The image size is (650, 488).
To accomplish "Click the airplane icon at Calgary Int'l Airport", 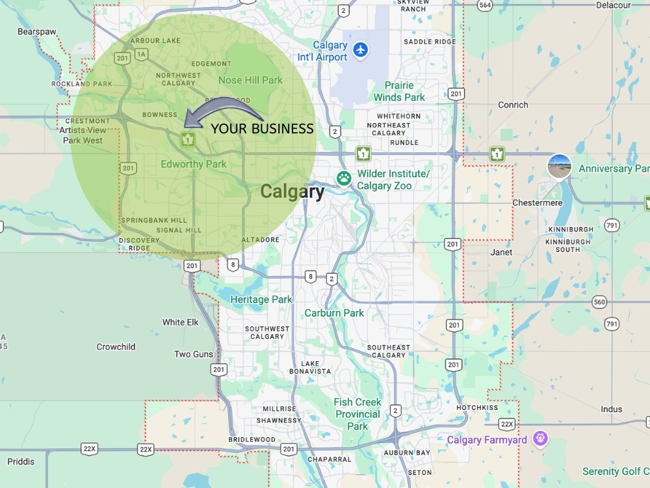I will (360, 49).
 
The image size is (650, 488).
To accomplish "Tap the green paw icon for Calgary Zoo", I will (343, 178).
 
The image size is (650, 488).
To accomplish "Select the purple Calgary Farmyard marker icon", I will (539, 439).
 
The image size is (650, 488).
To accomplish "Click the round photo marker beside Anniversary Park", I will (560, 167).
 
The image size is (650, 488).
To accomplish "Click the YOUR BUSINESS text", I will (262, 129).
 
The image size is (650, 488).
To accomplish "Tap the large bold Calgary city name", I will (292, 192).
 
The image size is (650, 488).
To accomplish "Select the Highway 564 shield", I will (483, 5).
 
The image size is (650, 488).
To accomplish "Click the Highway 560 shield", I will (599, 302).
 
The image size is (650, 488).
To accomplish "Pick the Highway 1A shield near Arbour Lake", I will (141, 55).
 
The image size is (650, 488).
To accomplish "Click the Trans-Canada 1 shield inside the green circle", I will (188, 139).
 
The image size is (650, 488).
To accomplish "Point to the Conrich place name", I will (513, 105).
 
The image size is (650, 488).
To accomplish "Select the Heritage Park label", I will (261, 299).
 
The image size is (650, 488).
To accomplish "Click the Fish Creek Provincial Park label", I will (357, 414).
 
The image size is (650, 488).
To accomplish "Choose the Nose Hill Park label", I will (250, 80).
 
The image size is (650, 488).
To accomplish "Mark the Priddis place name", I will (21, 461).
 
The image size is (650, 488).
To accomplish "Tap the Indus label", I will (611, 409).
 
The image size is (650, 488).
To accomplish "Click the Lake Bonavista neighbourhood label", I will (310, 367).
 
